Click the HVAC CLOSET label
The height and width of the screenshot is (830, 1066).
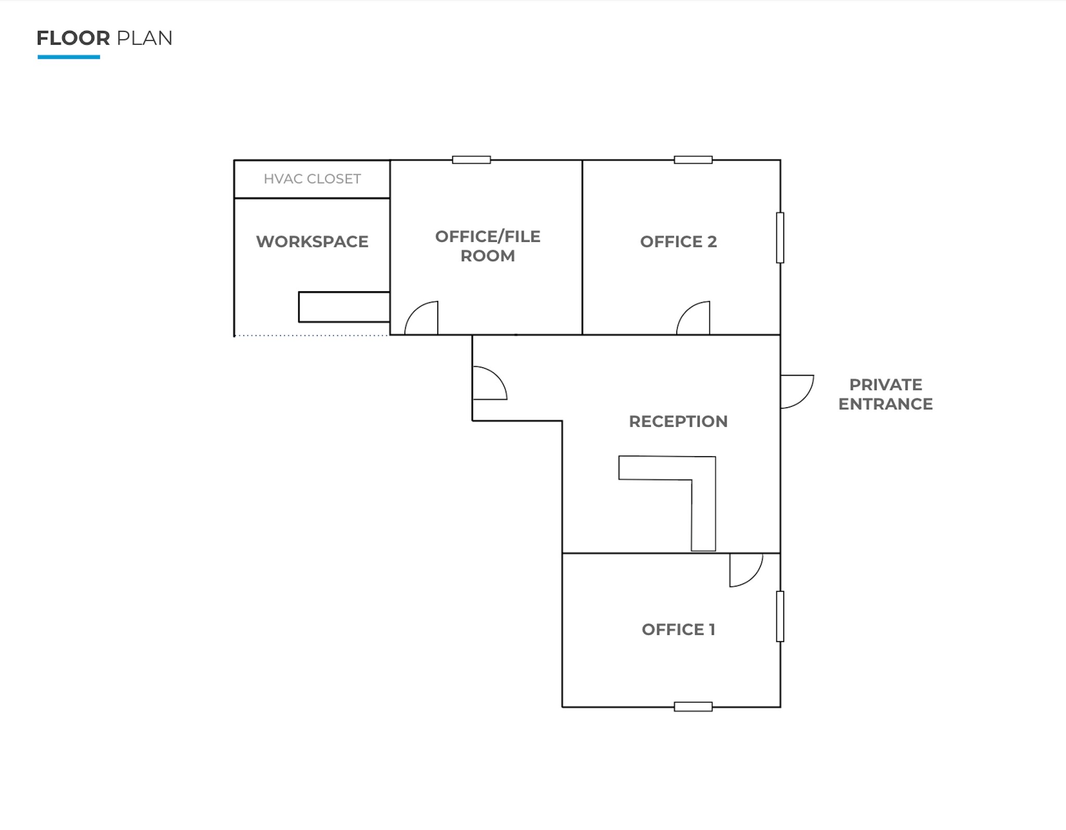tap(312, 179)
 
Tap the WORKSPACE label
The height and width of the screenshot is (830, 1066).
tap(312, 242)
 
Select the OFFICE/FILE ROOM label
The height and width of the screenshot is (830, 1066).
tap(488, 246)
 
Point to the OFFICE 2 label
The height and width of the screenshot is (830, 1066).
tap(678, 242)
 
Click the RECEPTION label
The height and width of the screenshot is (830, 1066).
tap(678, 421)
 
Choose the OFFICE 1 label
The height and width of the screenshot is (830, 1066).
tap(678, 630)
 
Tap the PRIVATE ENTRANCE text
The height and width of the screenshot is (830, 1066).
tap(885, 394)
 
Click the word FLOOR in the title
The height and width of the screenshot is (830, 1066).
tap(73, 38)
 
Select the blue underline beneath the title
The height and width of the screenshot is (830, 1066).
tap(69, 57)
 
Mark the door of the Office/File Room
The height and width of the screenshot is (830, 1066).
tap(422, 318)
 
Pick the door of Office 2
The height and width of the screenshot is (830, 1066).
tap(694, 318)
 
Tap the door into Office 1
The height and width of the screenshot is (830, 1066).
tap(745, 569)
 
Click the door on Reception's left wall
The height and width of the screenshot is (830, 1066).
tap(489, 383)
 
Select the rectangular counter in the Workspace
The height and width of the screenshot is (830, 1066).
tap(344, 307)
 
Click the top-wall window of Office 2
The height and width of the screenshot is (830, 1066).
tap(693, 160)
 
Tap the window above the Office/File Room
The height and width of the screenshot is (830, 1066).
tap(471, 160)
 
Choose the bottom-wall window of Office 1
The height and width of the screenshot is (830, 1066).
tap(693, 707)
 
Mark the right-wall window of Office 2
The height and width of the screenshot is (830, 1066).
tap(780, 237)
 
